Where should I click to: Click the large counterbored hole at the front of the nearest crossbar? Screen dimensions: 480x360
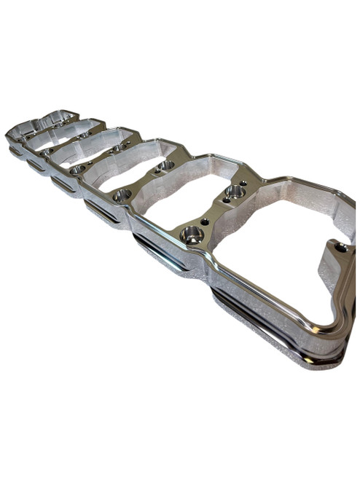click(x=192, y=235)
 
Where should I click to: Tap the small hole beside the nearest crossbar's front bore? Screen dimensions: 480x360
click(x=205, y=221)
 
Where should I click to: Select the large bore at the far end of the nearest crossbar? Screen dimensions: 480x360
click(x=235, y=192)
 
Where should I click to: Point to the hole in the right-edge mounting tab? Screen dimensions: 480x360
click(x=340, y=248)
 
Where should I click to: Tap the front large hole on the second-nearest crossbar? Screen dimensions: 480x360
click(x=122, y=194)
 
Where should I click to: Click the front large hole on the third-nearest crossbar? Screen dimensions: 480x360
click(x=77, y=169)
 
